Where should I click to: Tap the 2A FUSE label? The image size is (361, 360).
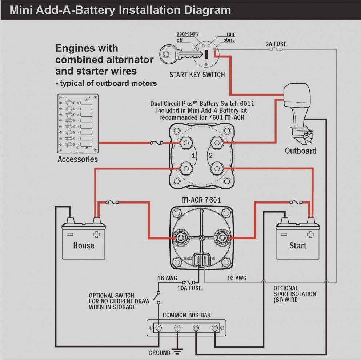click(276, 44)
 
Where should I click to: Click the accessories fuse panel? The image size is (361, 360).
click(77, 124)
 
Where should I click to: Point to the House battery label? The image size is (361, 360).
click(83, 245)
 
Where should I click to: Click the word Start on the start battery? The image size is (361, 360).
click(298, 245)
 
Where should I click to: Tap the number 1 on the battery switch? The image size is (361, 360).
click(193, 156)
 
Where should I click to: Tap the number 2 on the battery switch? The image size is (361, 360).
click(210, 156)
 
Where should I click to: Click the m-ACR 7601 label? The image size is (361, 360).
click(201, 200)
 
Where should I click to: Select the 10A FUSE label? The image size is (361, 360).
click(189, 288)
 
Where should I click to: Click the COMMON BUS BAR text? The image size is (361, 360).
click(186, 315)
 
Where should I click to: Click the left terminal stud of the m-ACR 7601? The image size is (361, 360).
click(180, 237)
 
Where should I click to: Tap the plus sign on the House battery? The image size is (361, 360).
click(97, 235)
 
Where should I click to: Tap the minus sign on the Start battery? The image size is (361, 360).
click(284, 235)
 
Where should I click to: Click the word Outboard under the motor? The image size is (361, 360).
click(300, 151)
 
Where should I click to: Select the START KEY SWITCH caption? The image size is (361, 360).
click(197, 75)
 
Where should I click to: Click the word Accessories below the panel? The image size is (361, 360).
click(77, 159)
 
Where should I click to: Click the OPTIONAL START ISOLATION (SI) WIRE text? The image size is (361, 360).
click(294, 294)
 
